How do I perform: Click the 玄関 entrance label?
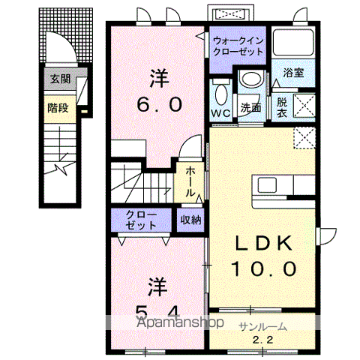coord(61,79)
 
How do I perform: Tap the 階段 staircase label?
coord(58,108)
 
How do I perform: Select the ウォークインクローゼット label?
coord(238,46)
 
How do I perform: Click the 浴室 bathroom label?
coord(293,73)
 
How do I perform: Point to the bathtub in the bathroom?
coord(293,43)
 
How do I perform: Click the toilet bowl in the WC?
coord(221,94)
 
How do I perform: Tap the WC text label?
coord(220,113)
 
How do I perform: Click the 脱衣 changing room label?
coord(282,108)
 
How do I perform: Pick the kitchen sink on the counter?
coord(267,185)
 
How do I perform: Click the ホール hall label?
coord(190,181)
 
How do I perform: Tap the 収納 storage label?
coord(190,220)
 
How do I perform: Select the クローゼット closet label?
coord(141,220)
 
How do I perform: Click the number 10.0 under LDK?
coord(264,268)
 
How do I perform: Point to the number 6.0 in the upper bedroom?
coord(159,104)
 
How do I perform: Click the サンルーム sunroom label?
coord(262,327)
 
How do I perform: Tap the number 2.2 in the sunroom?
coord(262,340)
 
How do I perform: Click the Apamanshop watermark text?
coord(181,322)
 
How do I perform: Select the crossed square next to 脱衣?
coord(304,106)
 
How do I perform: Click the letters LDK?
coord(263,243)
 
